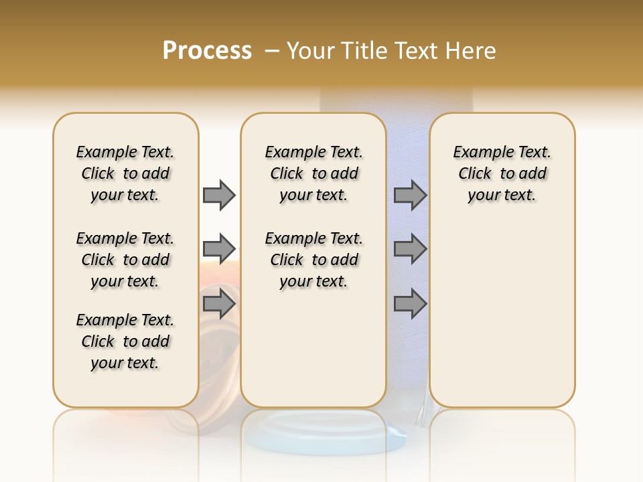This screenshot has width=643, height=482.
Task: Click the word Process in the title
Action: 207,50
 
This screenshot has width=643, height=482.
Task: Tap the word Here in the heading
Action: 472,51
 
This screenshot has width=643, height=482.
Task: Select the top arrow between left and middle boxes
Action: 219,195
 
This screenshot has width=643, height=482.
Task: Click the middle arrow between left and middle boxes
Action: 219,249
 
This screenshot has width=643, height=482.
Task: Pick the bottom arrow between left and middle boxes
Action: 219,303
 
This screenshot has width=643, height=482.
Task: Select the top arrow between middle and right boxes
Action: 410,195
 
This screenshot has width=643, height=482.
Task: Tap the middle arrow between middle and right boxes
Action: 410,249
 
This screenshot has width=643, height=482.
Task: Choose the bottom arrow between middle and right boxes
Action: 410,303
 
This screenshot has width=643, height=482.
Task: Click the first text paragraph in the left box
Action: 125,173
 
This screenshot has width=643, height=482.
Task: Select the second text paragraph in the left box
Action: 125,260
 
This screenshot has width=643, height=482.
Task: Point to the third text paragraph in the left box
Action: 125,341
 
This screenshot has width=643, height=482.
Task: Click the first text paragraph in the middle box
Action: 314,173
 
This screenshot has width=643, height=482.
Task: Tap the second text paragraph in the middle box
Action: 314,260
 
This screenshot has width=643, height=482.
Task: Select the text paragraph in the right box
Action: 502,173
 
